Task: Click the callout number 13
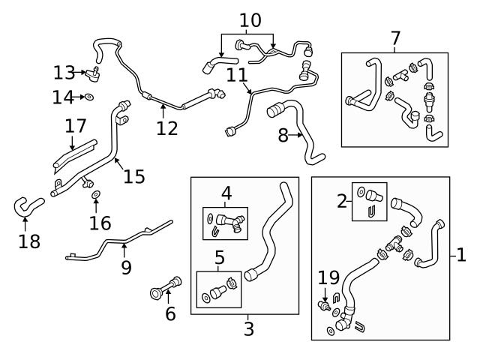(x=64, y=73)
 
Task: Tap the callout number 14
(x=64, y=97)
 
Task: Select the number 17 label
(x=76, y=125)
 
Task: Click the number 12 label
(x=167, y=128)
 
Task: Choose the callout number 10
(x=250, y=20)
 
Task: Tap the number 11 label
(x=236, y=75)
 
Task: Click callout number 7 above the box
(x=395, y=37)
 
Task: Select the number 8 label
(x=283, y=136)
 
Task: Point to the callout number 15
(x=133, y=176)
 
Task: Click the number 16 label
(x=100, y=223)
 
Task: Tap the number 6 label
(x=170, y=313)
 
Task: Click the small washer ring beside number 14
(x=89, y=97)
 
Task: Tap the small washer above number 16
(x=96, y=196)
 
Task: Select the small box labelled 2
(x=369, y=201)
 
